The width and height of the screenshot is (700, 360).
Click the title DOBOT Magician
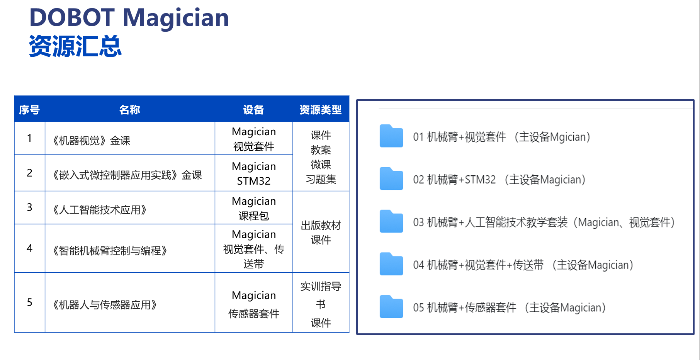tap(129, 18)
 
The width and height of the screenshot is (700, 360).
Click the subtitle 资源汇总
tap(76, 46)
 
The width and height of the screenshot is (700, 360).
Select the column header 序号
tap(29, 110)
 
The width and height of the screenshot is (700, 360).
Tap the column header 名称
tap(130, 110)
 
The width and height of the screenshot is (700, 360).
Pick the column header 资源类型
tap(321, 110)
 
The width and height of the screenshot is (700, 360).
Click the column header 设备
tap(253, 110)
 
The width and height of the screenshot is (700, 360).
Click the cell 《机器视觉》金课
tap(92, 141)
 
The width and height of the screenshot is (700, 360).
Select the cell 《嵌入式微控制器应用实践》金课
tap(127, 175)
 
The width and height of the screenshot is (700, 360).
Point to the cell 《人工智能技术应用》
tap(100, 210)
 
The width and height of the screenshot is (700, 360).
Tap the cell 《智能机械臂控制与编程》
tap(110, 251)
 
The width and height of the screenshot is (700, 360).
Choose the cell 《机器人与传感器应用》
tap(105, 305)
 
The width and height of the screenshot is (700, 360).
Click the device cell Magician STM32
tap(254, 173)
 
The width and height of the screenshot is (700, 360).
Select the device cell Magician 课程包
tap(254, 208)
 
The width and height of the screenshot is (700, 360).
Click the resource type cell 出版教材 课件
tap(321, 233)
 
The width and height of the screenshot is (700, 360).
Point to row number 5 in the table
tap(29, 302)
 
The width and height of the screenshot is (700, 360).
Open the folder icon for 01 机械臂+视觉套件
tap(391, 136)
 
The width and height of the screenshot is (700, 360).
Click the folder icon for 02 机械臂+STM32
tap(391, 178)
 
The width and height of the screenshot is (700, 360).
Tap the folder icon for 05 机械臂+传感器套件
tap(391, 307)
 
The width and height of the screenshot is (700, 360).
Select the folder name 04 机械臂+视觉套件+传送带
tap(478, 265)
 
